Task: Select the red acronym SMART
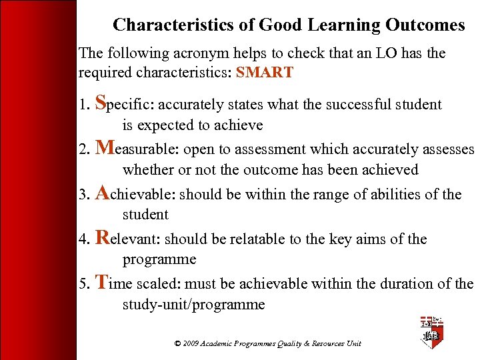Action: pos(264,73)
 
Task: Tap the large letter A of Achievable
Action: pos(103,193)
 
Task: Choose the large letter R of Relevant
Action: pos(102,238)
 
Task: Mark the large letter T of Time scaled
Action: pos(101,283)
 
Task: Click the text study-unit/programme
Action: pos(193,305)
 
